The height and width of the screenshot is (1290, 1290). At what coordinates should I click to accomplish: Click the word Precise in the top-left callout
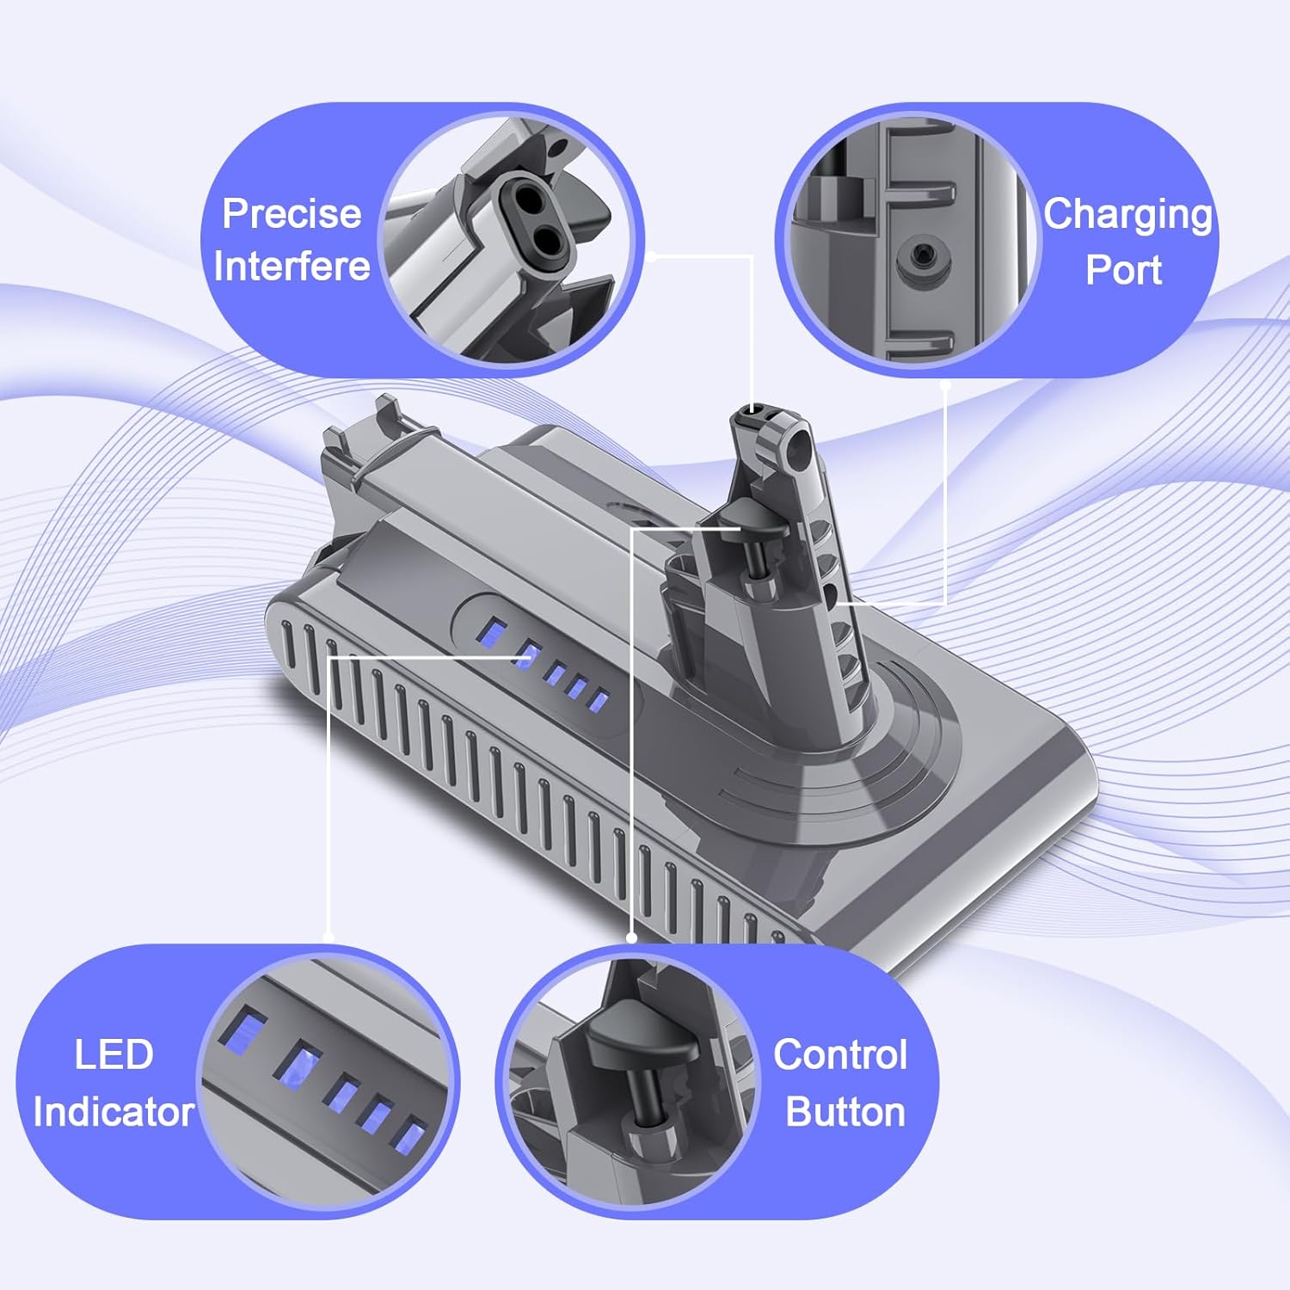pos(292,214)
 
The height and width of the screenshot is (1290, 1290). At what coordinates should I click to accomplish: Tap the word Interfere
pos(292,267)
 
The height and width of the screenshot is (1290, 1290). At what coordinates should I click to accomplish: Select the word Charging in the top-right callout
pos(1127,216)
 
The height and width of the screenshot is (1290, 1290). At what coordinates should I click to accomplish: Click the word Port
pos(1123,270)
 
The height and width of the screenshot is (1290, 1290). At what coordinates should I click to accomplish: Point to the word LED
pos(114,1055)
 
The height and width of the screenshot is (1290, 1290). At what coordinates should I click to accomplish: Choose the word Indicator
pos(114,1112)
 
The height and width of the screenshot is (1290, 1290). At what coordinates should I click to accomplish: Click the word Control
pos(840,1055)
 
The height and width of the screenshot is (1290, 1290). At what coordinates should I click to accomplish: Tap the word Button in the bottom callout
pos(845,1112)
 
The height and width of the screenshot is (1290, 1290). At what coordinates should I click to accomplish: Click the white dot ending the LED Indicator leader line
pos(329,937)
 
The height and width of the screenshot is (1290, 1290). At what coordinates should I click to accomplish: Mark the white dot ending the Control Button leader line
pos(632,938)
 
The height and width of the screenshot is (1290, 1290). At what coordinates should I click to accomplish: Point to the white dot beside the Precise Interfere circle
pos(652,255)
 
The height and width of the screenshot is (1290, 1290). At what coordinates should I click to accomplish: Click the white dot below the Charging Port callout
pos(944,385)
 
